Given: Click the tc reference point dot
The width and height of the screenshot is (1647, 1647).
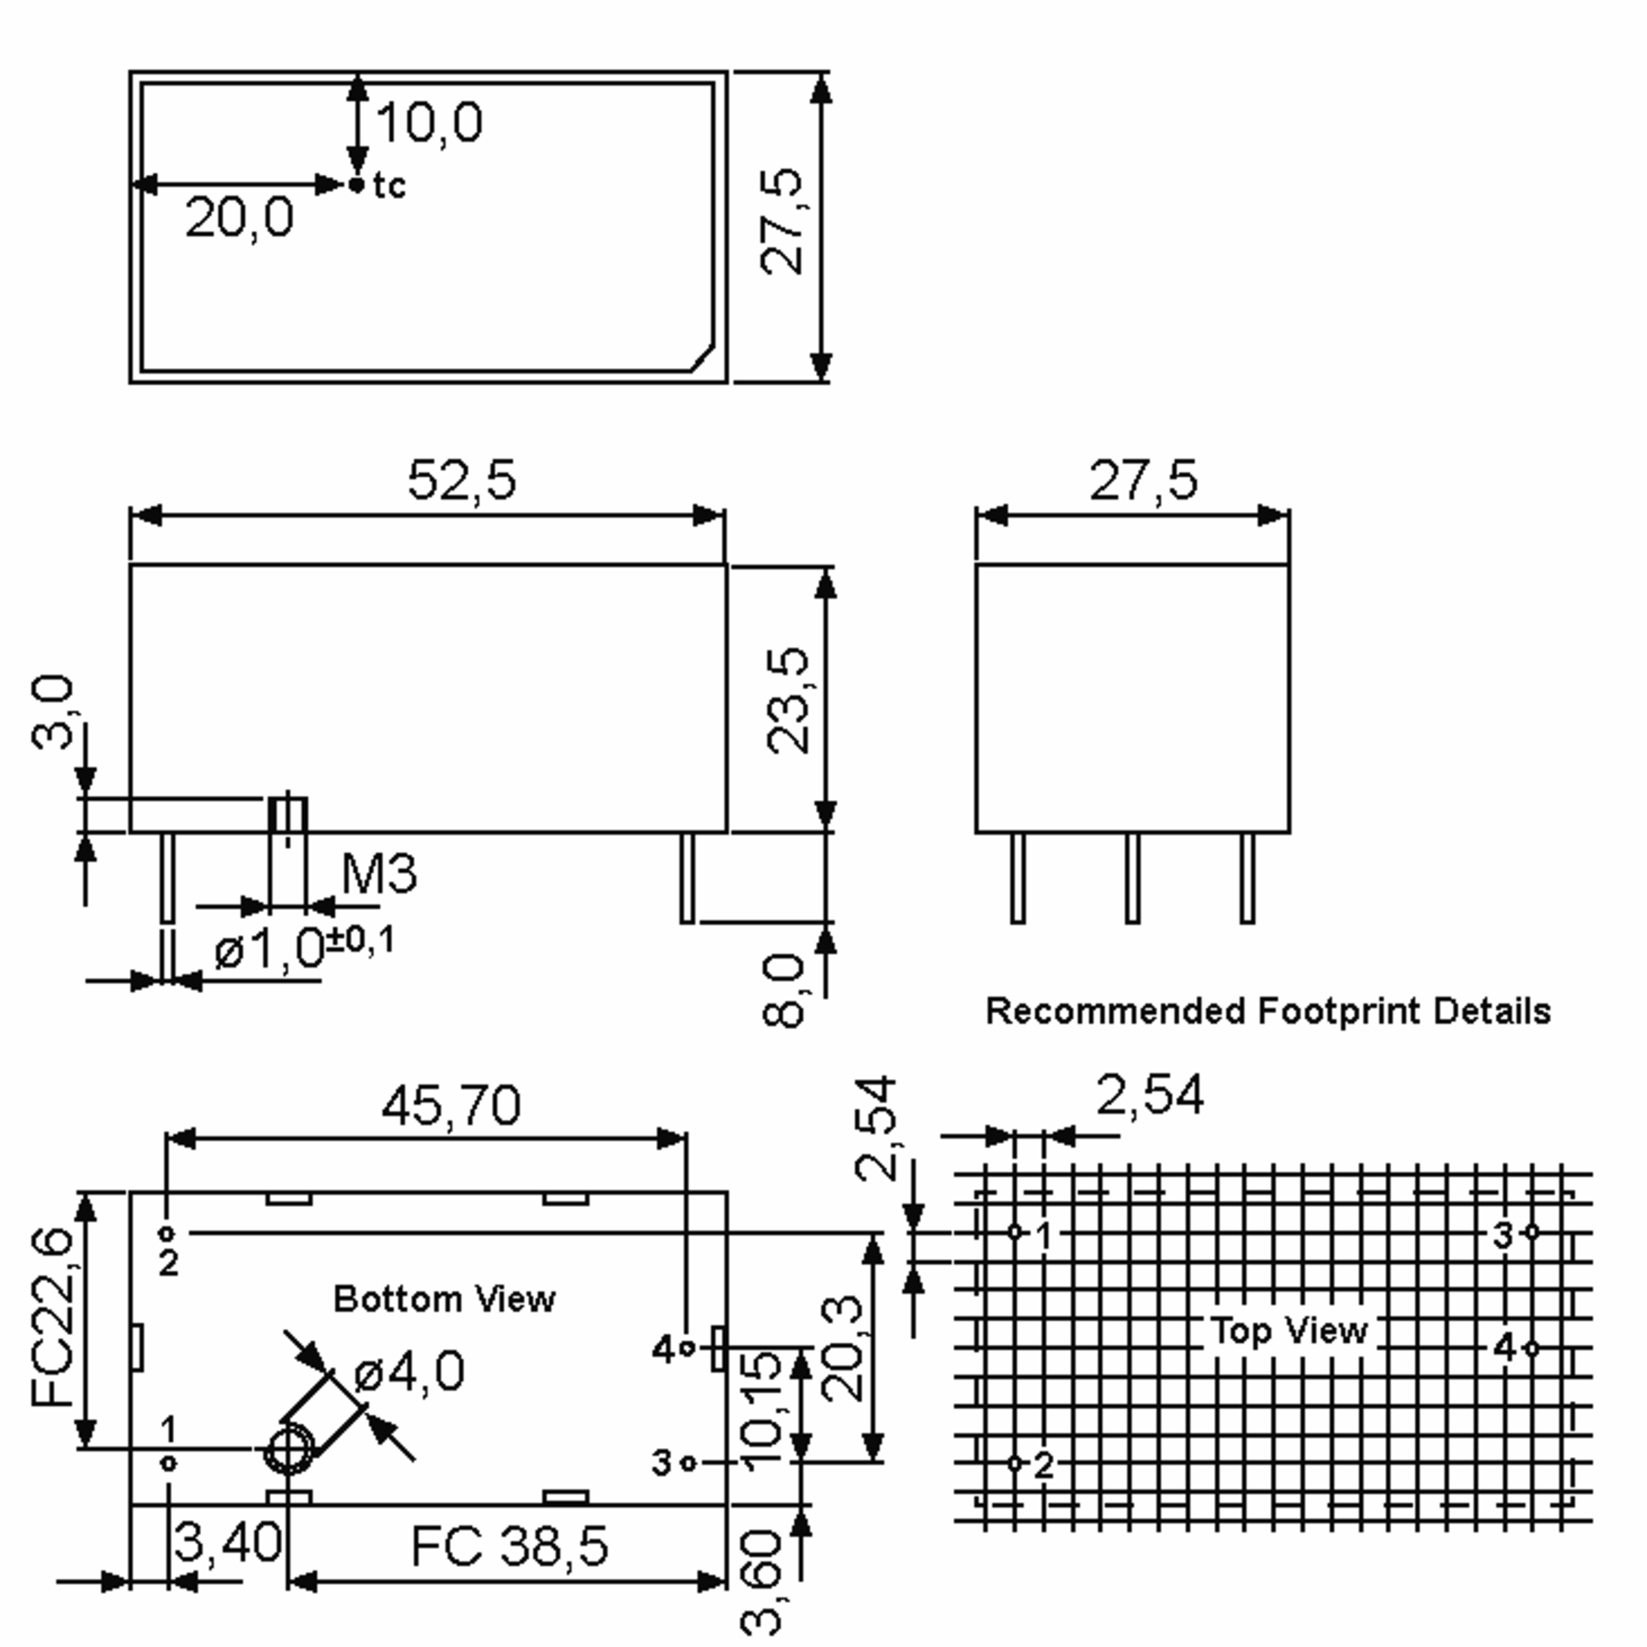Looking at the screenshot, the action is pos(357,184).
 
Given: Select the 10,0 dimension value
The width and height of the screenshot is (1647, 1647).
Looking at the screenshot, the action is pos(429,122).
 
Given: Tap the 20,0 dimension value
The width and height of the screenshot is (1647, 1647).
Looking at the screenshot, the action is pos(240,218).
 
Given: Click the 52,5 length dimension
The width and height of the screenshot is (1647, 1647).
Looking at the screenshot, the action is pos(462,479).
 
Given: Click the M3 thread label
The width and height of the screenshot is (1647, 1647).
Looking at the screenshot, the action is pos(379,873).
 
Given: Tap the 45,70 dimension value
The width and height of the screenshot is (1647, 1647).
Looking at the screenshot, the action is pos(451,1106).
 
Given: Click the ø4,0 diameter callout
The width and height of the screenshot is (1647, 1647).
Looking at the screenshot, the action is pos(409,1371).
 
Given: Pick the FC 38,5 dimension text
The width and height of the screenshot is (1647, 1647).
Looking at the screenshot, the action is pos(510,1546).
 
